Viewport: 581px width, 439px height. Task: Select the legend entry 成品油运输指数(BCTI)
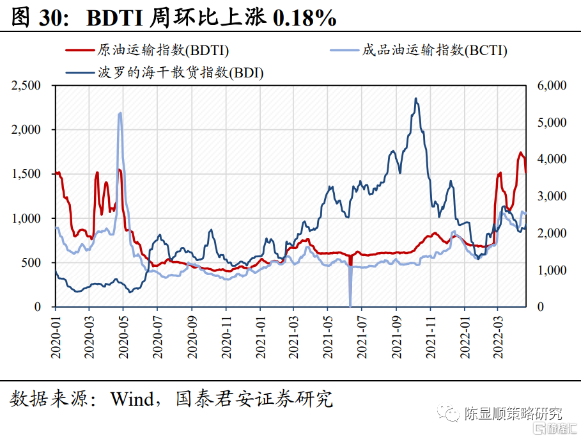pyautogui.click(x=434, y=51)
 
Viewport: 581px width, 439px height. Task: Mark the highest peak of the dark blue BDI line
pyautogui.click(x=416, y=99)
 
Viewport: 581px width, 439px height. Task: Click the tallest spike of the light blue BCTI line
pyautogui.click(x=121, y=113)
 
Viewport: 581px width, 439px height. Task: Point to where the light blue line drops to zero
pyautogui.click(x=350, y=305)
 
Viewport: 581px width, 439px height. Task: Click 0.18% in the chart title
pyautogui.click(x=305, y=19)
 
